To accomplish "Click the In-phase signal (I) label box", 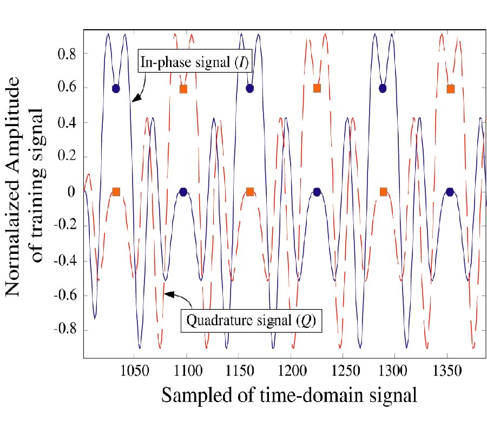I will [194, 63].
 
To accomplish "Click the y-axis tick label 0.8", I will [68, 54].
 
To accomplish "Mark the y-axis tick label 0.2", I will [68, 158].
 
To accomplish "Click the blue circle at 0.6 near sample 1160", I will [249, 88].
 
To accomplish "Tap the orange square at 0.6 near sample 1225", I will [317, 88].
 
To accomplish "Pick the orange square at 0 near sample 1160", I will [250, 192].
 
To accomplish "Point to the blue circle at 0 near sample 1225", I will [317, 192].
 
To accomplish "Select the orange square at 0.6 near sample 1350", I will [450, 88].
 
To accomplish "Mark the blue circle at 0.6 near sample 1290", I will [383, 88].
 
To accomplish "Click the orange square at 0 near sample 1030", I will [116, 192].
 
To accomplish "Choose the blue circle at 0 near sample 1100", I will [183, 192].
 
